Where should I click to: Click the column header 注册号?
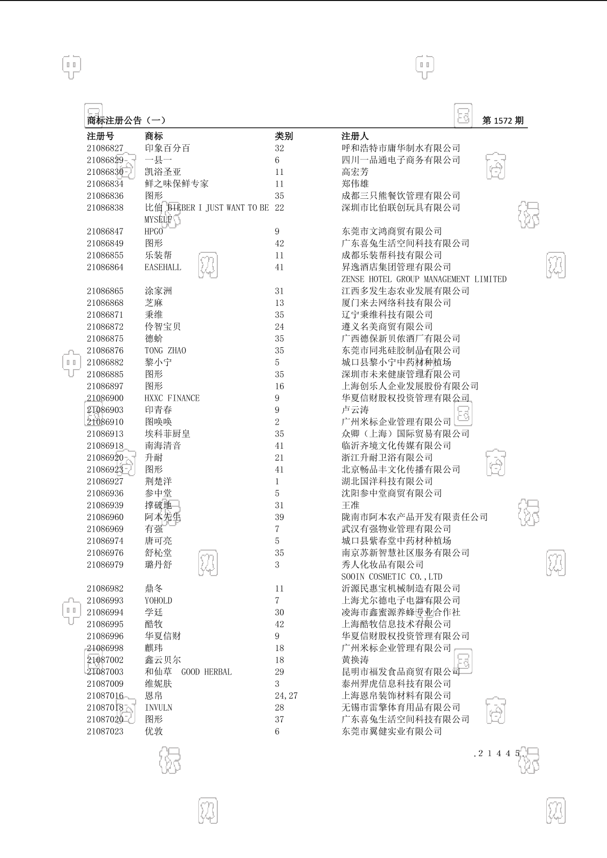click(100, 136)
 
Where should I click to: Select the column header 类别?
click(284, 136)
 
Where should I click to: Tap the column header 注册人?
click(355, 136)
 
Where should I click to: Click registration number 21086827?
click(105, 148)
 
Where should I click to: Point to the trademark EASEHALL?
click(163, 267)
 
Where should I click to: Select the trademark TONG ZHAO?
click(165, 351)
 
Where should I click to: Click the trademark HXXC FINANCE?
click(172, 398)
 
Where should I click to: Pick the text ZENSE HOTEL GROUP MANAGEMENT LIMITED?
click(424, 279)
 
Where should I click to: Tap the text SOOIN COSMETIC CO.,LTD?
click(392, 577)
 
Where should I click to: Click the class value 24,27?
click(286, 696)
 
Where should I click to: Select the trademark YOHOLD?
click(158, 601)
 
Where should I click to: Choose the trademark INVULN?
click(158, 708)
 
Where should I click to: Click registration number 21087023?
click(105, 732)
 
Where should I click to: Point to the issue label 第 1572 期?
click(502, 121)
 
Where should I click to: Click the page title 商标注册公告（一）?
click(126, 121)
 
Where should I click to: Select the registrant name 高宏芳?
click(355, 172)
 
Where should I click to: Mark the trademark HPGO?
click(154, 231)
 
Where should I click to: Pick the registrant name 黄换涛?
click(355, 660)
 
